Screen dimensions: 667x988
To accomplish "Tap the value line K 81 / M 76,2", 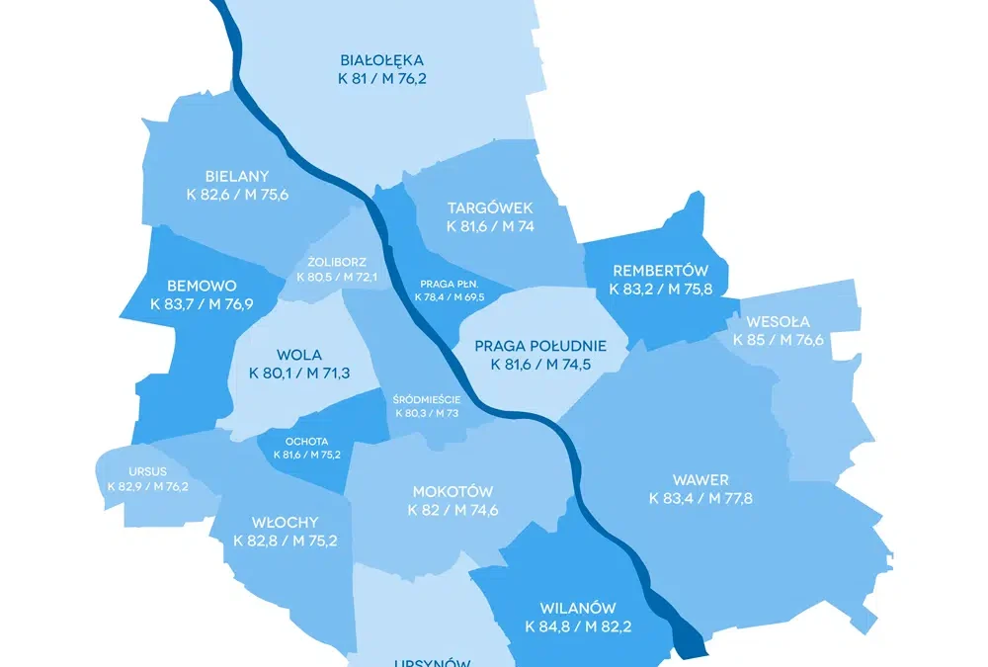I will pos(382,79).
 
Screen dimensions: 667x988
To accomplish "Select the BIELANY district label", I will pos(237,177).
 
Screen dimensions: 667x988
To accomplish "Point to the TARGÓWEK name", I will pos(490,208).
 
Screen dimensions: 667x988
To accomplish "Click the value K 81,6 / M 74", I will pos(490,226).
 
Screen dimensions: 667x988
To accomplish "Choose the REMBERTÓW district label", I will pos(661,271).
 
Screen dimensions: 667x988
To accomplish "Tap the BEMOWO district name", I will pos(202,286).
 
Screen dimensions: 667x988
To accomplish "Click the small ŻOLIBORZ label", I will pos(337,263).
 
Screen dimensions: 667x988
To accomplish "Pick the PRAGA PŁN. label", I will pos(450,284).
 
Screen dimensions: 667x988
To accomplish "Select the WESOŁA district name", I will pos(779,321).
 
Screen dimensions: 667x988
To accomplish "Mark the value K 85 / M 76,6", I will pos(779,340).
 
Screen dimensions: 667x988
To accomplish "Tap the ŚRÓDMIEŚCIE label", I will pos(427,399).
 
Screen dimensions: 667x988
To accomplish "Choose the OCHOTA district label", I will pos(306,442).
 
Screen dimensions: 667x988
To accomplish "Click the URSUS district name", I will pos(147,471).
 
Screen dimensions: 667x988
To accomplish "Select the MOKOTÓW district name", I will pos(453,492).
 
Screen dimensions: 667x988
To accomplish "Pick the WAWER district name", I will pos(700,480).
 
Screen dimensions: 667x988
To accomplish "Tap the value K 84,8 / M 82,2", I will pos(578,625).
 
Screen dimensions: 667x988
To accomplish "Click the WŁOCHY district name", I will pos(272,522).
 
